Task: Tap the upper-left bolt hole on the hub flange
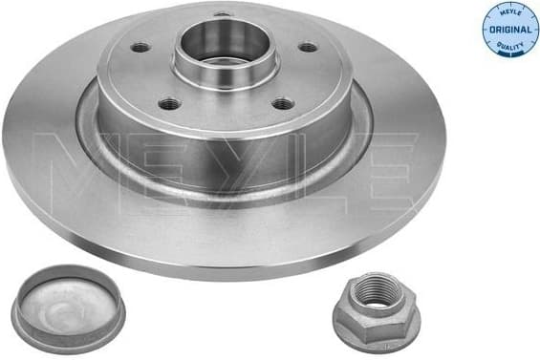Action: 140,47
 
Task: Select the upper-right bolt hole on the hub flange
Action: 307,47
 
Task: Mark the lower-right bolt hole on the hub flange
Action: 281,105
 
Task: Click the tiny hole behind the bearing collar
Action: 224,14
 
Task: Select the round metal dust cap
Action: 68,307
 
